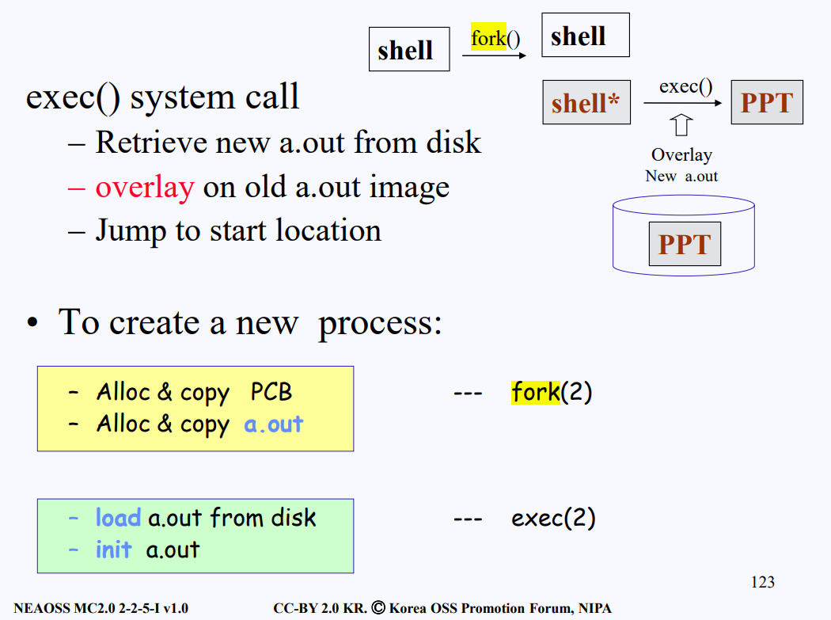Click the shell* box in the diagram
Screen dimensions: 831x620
[586, 103]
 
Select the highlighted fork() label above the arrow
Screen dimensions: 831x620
[495, 37]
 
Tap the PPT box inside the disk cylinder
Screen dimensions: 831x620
[685, 244]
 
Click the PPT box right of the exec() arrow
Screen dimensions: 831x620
[766, 103]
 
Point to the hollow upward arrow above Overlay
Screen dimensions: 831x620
[681, 126]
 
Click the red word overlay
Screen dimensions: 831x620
[144, 187]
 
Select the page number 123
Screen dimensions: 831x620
[762, 583]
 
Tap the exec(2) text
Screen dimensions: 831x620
[553, 518]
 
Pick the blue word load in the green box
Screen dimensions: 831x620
[118, 518]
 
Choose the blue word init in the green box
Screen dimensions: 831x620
[113, 550]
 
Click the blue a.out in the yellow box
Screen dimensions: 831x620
[273, 424]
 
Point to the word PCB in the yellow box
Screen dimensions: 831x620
[271, 392]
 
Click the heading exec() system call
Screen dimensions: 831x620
[163, 97]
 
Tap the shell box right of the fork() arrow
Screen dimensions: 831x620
[585, 36]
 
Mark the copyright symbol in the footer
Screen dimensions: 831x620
[378, 608]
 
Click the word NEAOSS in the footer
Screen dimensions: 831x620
[40, 609]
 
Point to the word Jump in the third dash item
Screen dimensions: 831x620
[132, 230]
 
